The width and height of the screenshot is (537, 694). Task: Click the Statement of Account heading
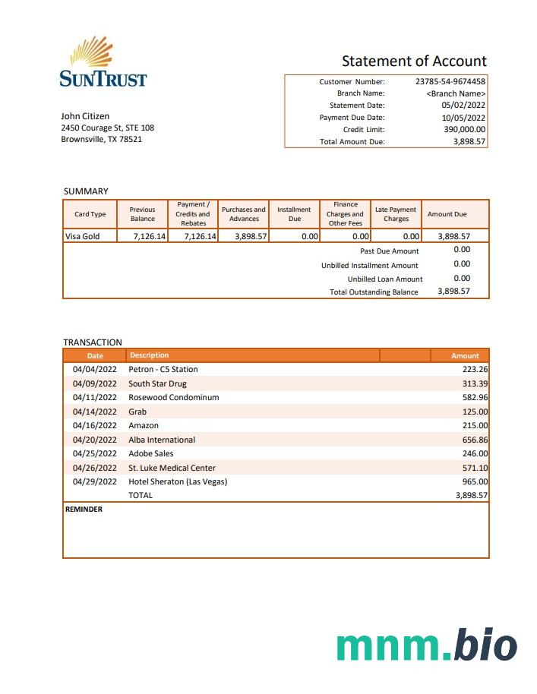click(414, 62)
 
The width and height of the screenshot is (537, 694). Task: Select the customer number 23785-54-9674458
click(450, 81)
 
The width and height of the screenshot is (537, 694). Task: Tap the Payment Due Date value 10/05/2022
click(463, 118)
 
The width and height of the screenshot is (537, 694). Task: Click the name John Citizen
click(85, 116)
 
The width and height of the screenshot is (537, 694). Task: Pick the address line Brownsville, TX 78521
click(101, 140)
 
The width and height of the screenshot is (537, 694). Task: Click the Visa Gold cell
click(82, 236)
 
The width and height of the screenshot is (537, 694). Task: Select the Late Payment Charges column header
click(396, 214)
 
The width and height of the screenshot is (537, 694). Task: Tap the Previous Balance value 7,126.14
click(149, 236)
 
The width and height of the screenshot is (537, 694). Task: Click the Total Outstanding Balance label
click(374, 292)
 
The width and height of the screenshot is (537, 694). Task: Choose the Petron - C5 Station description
click(163, 369)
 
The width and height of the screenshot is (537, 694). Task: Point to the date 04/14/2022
click(94, 412)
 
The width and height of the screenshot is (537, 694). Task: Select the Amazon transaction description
click(144, 425)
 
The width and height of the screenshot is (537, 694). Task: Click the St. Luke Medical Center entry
click(172, 468)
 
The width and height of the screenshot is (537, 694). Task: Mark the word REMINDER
click(84, 509)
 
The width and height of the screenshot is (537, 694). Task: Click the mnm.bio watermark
click(427, 645)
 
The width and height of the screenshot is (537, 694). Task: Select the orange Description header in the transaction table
click(150, 355)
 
